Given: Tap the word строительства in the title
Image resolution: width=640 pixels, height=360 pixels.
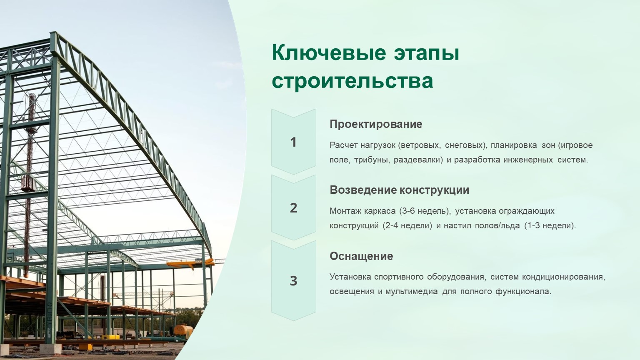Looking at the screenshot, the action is pyautogui.click(x=352, y=81).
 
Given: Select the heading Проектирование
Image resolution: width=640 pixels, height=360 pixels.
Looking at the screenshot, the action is pyautogui.click(x=376, y=124).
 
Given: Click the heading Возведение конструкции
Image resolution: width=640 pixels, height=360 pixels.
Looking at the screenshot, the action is pyautogui.click(x=400, y=190).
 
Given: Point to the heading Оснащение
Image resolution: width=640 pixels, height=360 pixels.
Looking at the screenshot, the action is pyautogui.click(x=361, y=256).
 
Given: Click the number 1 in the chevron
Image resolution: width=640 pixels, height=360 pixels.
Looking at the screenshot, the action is pyautogui.click(x=293, y=142).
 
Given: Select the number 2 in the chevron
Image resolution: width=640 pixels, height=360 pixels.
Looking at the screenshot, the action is pyautogui.click(x=293, y=208).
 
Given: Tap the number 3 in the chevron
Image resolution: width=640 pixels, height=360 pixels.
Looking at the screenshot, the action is pyautogui.click(x=293, y=281).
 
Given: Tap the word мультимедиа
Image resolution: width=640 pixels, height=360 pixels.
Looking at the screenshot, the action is pyautogui.click(x=412, y=292).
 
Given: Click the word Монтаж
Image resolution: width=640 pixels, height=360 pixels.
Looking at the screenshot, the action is pyautogui.click(x=345, y=211).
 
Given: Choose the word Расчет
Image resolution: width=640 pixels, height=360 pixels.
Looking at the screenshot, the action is pyautogui.click(x=344, y=145).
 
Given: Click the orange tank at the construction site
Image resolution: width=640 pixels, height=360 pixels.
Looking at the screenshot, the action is pyautogui.click(x=183, y=330).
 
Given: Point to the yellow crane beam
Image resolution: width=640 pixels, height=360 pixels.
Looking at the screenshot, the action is pyautogui.click(x=190, y=263).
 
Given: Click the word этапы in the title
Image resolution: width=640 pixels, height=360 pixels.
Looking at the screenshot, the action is pyautogui.click(x=426, y=53).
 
